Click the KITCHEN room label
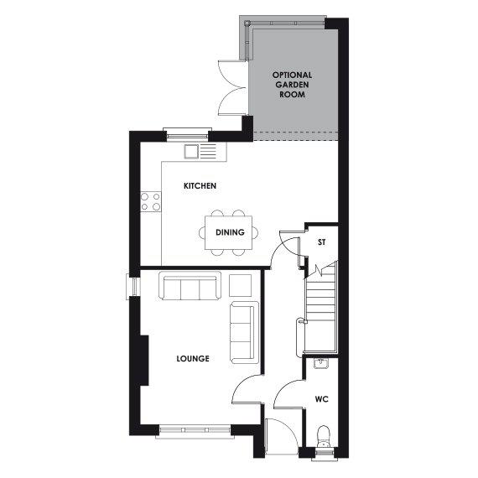tap(201, 186)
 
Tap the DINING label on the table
tap(230, 232)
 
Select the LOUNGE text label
tap(192, 359)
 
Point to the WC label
tap(321, 399)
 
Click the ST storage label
tap(321, 243)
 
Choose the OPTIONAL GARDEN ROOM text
tap(293, 86)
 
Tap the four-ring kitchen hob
tap(151, 201)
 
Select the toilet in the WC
tap(324, 437)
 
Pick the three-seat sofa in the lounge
tap(190, 288)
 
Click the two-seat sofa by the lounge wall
tap(243, 331)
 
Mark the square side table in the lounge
tap(241, 284)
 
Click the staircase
tap(320, 306)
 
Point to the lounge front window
tap(194, 431)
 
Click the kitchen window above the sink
tap(187, 132)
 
